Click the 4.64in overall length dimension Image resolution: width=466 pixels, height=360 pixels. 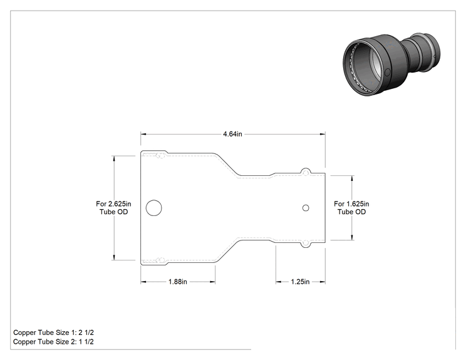[x=232, y=134]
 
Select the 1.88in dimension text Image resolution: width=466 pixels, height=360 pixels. [x=178, y=282]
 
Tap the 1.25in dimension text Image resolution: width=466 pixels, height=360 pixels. [x=300, y=282]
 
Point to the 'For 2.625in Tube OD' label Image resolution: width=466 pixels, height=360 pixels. [x=113, y=208]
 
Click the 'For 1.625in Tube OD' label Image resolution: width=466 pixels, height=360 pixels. [x=351, y=208]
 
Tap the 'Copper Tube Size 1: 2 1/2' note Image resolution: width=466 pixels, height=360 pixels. [x=53, y=332]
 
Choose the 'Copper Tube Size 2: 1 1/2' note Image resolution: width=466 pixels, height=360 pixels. [x=53, y=342]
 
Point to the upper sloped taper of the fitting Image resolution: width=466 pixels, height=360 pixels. [x=227, y=164]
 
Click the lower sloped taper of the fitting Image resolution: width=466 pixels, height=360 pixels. [x=227, y=251]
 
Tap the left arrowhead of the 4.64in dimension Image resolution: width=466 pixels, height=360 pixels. [x=143, y=134]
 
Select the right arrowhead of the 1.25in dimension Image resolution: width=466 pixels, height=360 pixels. [x=323, y=282]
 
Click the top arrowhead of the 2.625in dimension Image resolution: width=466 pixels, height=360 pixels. [x=114, y=158]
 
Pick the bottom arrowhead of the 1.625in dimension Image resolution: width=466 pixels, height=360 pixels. [x=352, y=237]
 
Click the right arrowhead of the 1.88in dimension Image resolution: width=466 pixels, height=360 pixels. [x=212, y=282]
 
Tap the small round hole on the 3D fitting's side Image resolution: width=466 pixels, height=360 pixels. [x=387, y=72]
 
